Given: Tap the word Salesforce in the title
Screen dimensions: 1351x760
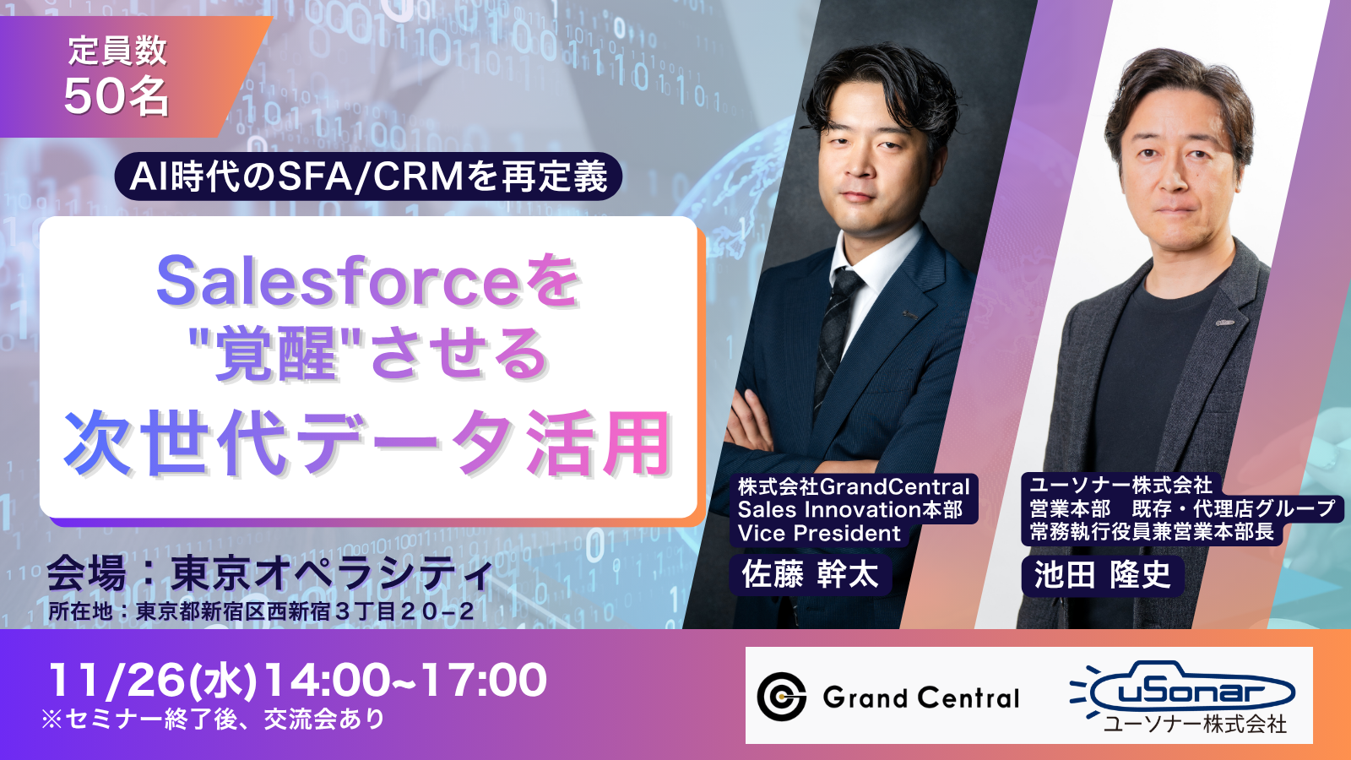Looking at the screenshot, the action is (x=338, y=282).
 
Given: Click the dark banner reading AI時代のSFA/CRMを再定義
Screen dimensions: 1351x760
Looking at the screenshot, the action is (x=368, y=176).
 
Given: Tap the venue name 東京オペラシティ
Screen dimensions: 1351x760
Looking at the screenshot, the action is (x=333, y=574).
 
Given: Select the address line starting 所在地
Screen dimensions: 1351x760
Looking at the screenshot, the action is (x=261, y=611).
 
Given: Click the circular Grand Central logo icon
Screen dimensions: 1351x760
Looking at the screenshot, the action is (x=782, y=697).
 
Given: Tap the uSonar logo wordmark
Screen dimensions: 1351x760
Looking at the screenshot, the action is (x=1183, y=690).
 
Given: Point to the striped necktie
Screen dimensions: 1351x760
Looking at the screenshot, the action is (x=836, y=339).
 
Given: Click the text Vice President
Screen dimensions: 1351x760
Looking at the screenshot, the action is (x=819, y=533).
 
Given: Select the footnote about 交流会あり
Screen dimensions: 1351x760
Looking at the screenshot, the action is (x=212, y=719).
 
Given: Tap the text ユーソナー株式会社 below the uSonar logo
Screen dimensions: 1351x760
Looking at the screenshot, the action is (x=1195, y=724).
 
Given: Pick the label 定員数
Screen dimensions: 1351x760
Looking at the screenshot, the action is (x=117, y=51).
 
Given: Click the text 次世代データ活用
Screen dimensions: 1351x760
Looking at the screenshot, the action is (x=367, y=444).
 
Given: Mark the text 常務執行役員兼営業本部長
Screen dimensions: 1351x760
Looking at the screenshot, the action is (x=1152, y=532).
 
